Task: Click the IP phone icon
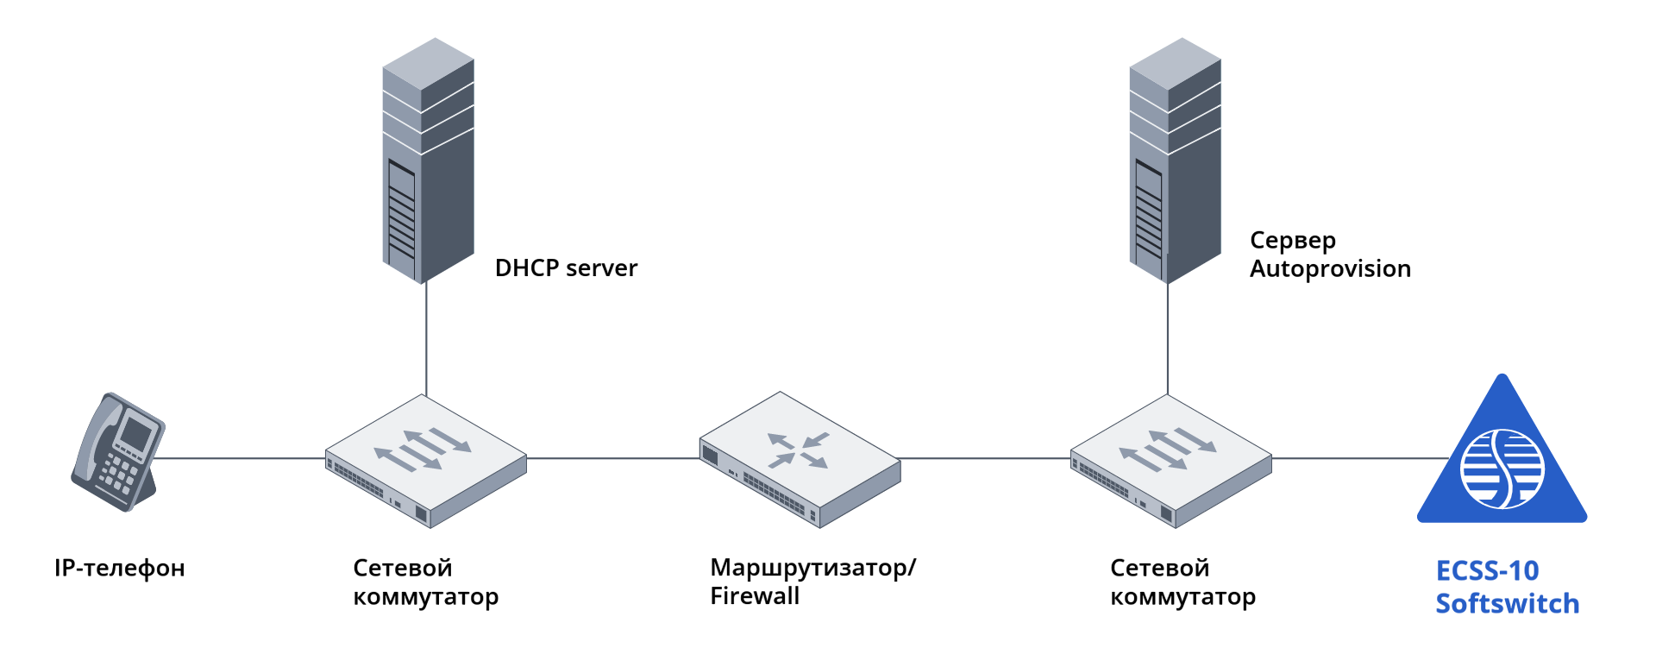pyautogui.click(x=117, y=453)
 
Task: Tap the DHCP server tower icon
pyautogui.click(x=428, y=160)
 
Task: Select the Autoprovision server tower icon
pyautogui.click(x=1175, y=160)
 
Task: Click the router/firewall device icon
pyautogui.click(x=800, y=460)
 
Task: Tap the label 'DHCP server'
pyautogui.click(x=566, y=268)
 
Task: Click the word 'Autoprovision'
pyautogui.click(x=1330, y=269)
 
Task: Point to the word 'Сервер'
pyautogui.click(x=1292, y=241)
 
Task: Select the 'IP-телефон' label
pyautogui.click(x=120, y=569)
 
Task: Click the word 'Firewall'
pyautogui.click(x=755, y=596)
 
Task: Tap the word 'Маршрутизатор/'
pyautogui.click(x=812, y=568)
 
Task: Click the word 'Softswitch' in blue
pyautogui.click(x=1507, y=604)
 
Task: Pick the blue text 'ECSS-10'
pyautogui.click(x=1487, y=571)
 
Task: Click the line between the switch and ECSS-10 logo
pyautogui.click(x=1358, y=458)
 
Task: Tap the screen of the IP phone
pyautogui.click(x=135, y=432)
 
